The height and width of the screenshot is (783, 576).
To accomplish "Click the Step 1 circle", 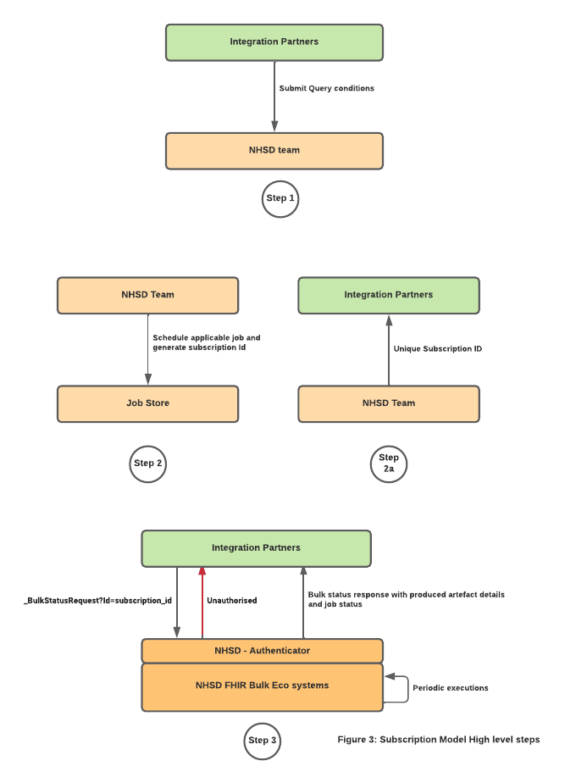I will (281, 198).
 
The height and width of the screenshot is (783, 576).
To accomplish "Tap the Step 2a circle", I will (389, 463).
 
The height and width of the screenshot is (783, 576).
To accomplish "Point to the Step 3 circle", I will (262, 740).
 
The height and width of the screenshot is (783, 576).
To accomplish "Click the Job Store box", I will (147, 403).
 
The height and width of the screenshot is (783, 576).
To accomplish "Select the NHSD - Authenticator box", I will (262, 651).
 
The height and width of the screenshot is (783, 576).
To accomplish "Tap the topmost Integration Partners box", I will (274, 42).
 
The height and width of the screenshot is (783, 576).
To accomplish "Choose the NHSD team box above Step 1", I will (274, 150).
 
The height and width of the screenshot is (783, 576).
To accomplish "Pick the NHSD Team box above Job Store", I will (147, 295).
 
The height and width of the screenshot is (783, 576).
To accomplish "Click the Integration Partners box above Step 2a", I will (389, 295).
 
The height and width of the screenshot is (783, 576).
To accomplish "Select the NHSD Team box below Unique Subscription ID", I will (389, 403).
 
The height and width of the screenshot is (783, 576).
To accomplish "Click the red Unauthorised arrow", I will (202, 603).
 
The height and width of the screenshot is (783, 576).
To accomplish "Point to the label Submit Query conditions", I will (326, 88).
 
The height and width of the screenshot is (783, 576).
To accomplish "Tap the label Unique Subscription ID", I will (438, 348).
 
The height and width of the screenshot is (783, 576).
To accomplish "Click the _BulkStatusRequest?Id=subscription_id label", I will (98, 600).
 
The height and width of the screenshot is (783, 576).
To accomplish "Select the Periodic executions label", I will (450, 688).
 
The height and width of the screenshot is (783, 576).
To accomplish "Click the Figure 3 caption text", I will (438, 739).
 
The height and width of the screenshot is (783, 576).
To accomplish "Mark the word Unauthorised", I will (231, 600).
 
